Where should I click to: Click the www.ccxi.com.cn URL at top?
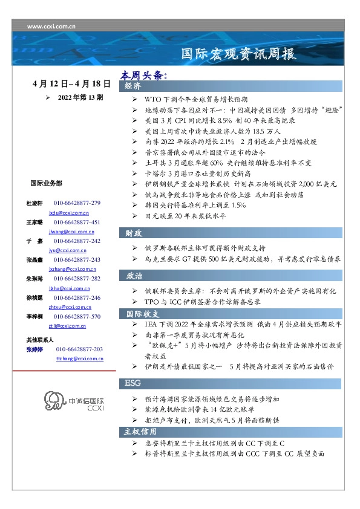[x=51, y=27]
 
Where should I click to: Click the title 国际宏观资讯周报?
[x=240, y=54]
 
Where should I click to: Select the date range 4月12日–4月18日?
[x=72, y=83]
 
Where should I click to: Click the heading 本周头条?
[x=143, y=76]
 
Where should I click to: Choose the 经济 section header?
[x=133, y=86]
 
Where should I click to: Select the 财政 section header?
[x=134, y=233]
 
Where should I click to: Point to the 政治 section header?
[x=134, y=275]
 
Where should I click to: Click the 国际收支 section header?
[x=142, y=314]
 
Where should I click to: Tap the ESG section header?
[x=133, y=383]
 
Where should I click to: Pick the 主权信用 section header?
[x=140, y=432]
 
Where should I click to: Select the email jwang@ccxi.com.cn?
[x=68, y=232]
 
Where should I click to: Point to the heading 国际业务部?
[x=46, y=183]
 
